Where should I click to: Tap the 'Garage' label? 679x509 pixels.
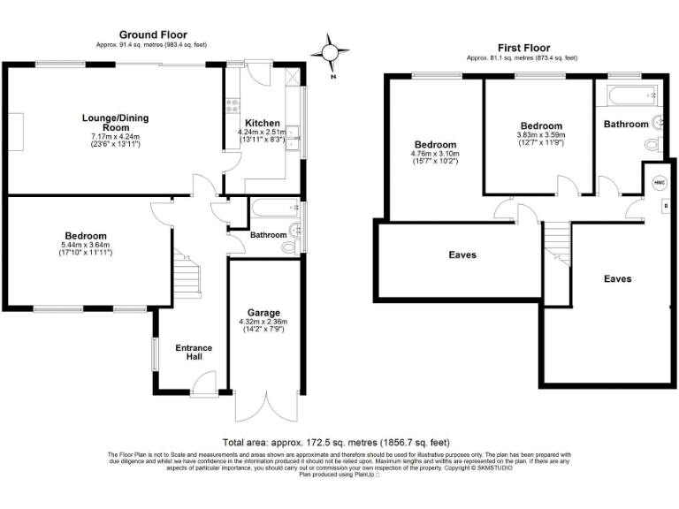click(x=263, y=313)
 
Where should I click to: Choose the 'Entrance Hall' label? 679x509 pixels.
click(x=188, y=351)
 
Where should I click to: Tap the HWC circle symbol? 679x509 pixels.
click(x=659, y=182)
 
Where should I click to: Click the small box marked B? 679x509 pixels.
click(x=665, y=205)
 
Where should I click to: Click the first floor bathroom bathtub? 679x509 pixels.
click(x=629, y=93)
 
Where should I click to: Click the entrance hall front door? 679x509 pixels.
click(x=203, y=383)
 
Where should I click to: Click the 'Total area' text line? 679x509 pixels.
click(x=336, y=442)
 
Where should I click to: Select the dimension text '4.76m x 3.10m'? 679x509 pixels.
click(x=436, y=154)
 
